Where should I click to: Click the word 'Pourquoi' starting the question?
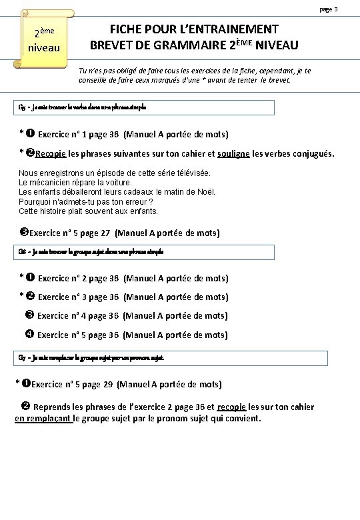tap(37, 201)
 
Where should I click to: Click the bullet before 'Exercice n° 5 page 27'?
tap(24, 233)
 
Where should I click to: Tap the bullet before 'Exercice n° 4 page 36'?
tap(29, 315)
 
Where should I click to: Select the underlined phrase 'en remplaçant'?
tap(43, 419)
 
